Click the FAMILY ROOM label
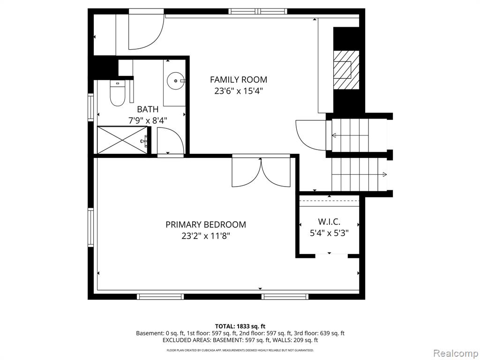(239, 80)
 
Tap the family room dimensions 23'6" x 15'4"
(239, 91)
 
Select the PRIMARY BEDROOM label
(206, 225)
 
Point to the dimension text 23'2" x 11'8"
(205, 236)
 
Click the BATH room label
(148, 109)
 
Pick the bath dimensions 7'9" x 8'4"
(148, 120)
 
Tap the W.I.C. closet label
(329, 222)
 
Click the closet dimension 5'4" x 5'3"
(330, 233)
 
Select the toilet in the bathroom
(117, 93)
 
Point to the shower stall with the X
(122, 140)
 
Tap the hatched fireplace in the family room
(346, 70)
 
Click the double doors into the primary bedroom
(261, 172)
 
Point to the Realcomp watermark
(455, 353)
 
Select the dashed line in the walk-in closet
(329, 201)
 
